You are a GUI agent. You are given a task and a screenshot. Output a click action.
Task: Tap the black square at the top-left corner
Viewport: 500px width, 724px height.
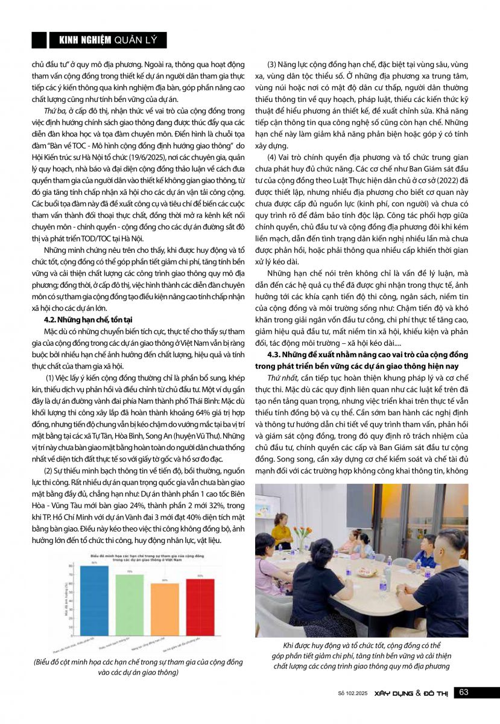point(39,40)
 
